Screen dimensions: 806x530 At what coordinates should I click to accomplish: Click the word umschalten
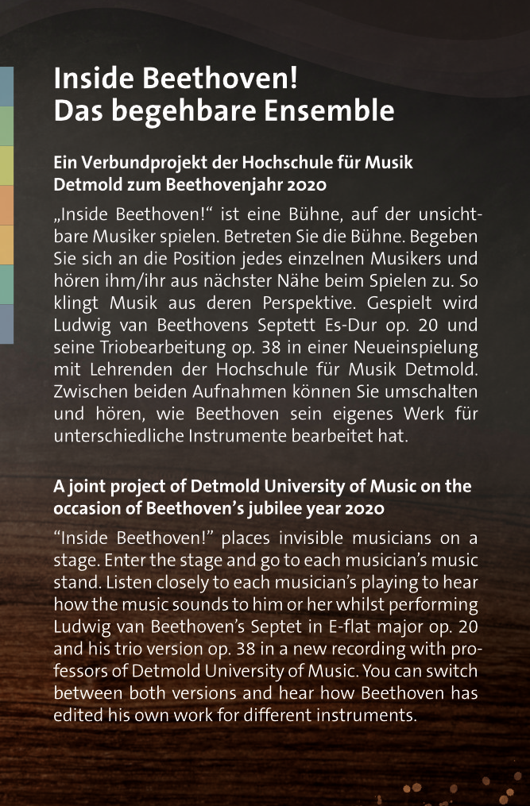(x=432, y=392)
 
